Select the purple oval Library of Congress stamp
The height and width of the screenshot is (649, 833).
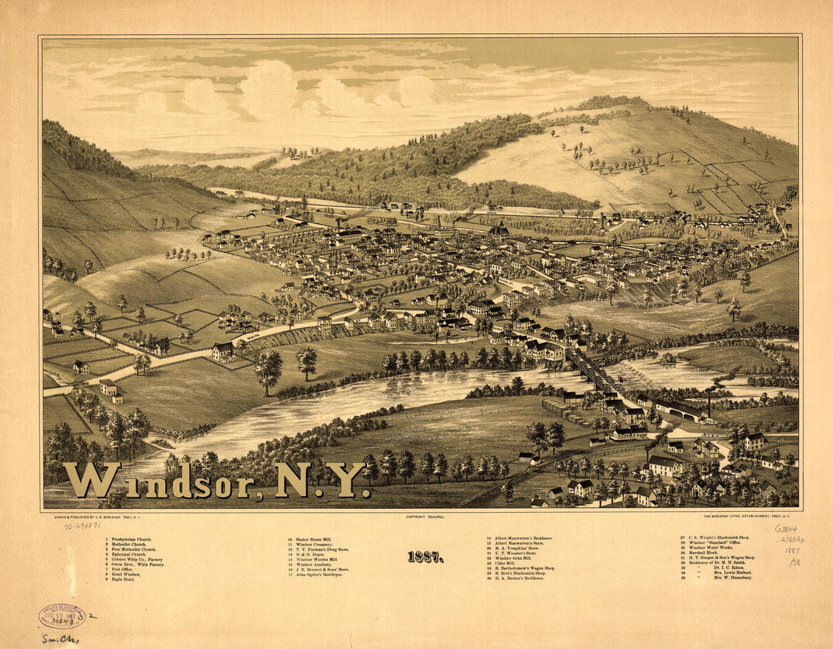tap(61, 616)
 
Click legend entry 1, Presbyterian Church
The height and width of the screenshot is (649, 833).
tap(133, 539)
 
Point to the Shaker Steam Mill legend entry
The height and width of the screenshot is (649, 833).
tap(310, 539)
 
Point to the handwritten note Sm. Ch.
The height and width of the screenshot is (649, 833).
tap(60, 638)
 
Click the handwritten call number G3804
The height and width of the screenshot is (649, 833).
tap(786, 529)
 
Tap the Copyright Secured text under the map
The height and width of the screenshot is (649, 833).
tap(425, 516)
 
